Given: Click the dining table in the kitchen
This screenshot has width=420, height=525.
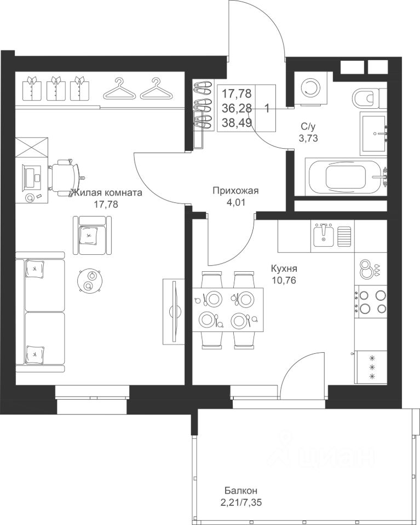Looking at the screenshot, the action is click(228, 310).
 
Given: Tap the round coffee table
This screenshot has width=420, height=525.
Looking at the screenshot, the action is click(89, 281).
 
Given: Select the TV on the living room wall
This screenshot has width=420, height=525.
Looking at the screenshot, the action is click(174, 311).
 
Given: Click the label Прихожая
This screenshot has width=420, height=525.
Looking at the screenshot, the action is click(236, 191).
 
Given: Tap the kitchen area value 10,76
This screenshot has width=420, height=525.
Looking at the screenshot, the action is click(284, 280).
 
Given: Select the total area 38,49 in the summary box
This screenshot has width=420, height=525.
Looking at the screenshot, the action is click(237, 123).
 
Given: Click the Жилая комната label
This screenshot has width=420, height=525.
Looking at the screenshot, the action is click(107, 193).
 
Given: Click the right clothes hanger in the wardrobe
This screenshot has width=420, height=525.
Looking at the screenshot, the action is click(156, 89).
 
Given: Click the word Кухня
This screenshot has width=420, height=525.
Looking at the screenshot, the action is click(284, 269).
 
